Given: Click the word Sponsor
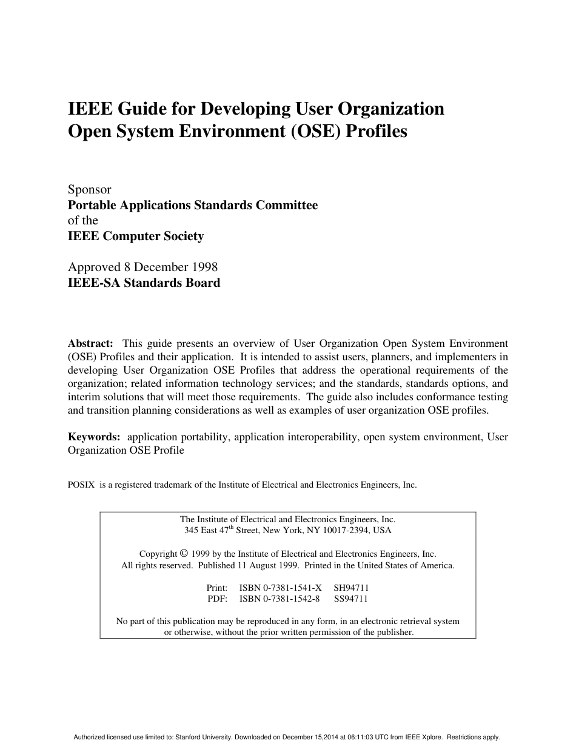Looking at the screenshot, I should coord(89,189).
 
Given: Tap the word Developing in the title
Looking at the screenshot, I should coord(244,109).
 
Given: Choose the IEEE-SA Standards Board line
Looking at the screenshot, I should coord(144,283).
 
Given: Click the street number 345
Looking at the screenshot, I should coord(192,530).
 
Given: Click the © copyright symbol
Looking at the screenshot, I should coord(184,554).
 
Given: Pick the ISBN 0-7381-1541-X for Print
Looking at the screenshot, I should coord(281,588).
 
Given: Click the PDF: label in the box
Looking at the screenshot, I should coord(218,599).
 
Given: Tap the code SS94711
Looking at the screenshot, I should coord(351,599).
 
